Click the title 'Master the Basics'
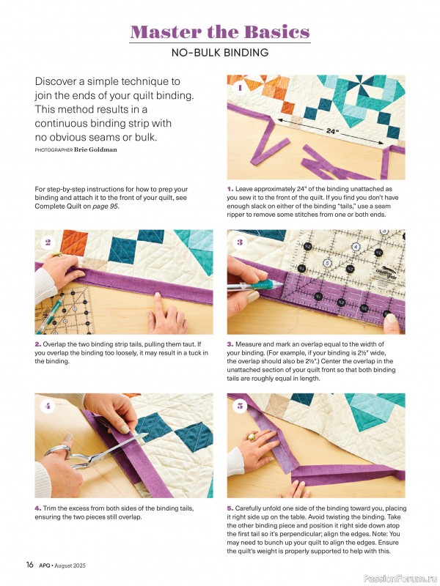point(219,31)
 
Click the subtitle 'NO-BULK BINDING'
point(219,53)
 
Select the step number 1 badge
point(239,88)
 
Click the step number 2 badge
point(48,242)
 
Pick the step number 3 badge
point(239,242)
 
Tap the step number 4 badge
point(48,406)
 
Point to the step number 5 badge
point(239,406)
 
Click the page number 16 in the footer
point(30,564)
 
